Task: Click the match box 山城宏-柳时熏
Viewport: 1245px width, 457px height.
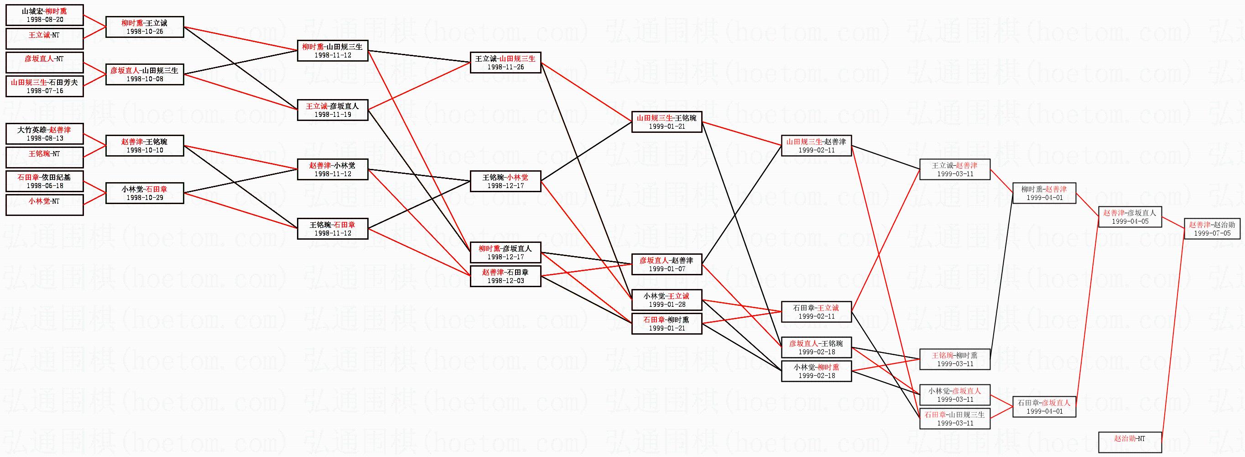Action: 44,15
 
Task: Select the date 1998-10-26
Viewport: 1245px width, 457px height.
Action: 145,32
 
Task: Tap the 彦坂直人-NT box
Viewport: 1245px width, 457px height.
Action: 44,63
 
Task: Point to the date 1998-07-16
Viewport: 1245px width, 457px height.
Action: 44,90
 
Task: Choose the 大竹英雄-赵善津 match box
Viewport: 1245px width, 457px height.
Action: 44,133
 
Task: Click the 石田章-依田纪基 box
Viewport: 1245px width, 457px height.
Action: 44,181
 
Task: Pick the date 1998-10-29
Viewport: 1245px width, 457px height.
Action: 145,197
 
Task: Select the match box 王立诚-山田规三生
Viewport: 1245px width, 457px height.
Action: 505,63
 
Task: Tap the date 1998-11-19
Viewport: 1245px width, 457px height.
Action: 333,115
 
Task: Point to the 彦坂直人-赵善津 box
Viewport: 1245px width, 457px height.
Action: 666,264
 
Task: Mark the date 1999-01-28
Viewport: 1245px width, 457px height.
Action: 666,304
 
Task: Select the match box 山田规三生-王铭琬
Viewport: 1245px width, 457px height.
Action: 666,121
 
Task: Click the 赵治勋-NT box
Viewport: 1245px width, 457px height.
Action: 1130,442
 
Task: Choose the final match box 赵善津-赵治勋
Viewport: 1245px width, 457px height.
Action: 1212,228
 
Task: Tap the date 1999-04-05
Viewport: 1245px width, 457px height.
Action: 1130,221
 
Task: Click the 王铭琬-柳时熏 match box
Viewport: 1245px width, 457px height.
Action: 954,359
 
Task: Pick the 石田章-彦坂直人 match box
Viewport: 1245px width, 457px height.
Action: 1044,406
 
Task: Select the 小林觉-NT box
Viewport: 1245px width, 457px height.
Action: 44,205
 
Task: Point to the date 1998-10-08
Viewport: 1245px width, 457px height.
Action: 145,79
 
